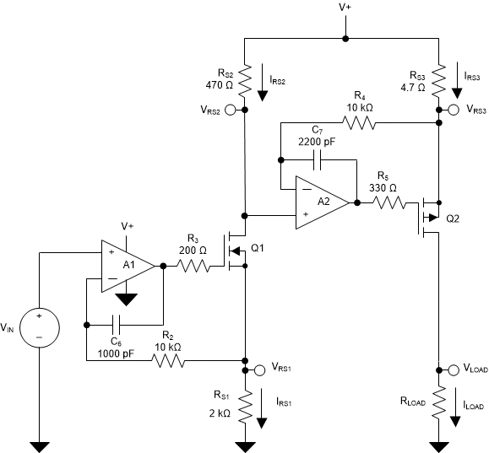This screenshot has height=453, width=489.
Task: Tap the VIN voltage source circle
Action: point(38,327)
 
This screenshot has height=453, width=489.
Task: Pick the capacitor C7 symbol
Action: point(319,158)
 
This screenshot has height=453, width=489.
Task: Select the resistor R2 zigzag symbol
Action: point(167,362)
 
